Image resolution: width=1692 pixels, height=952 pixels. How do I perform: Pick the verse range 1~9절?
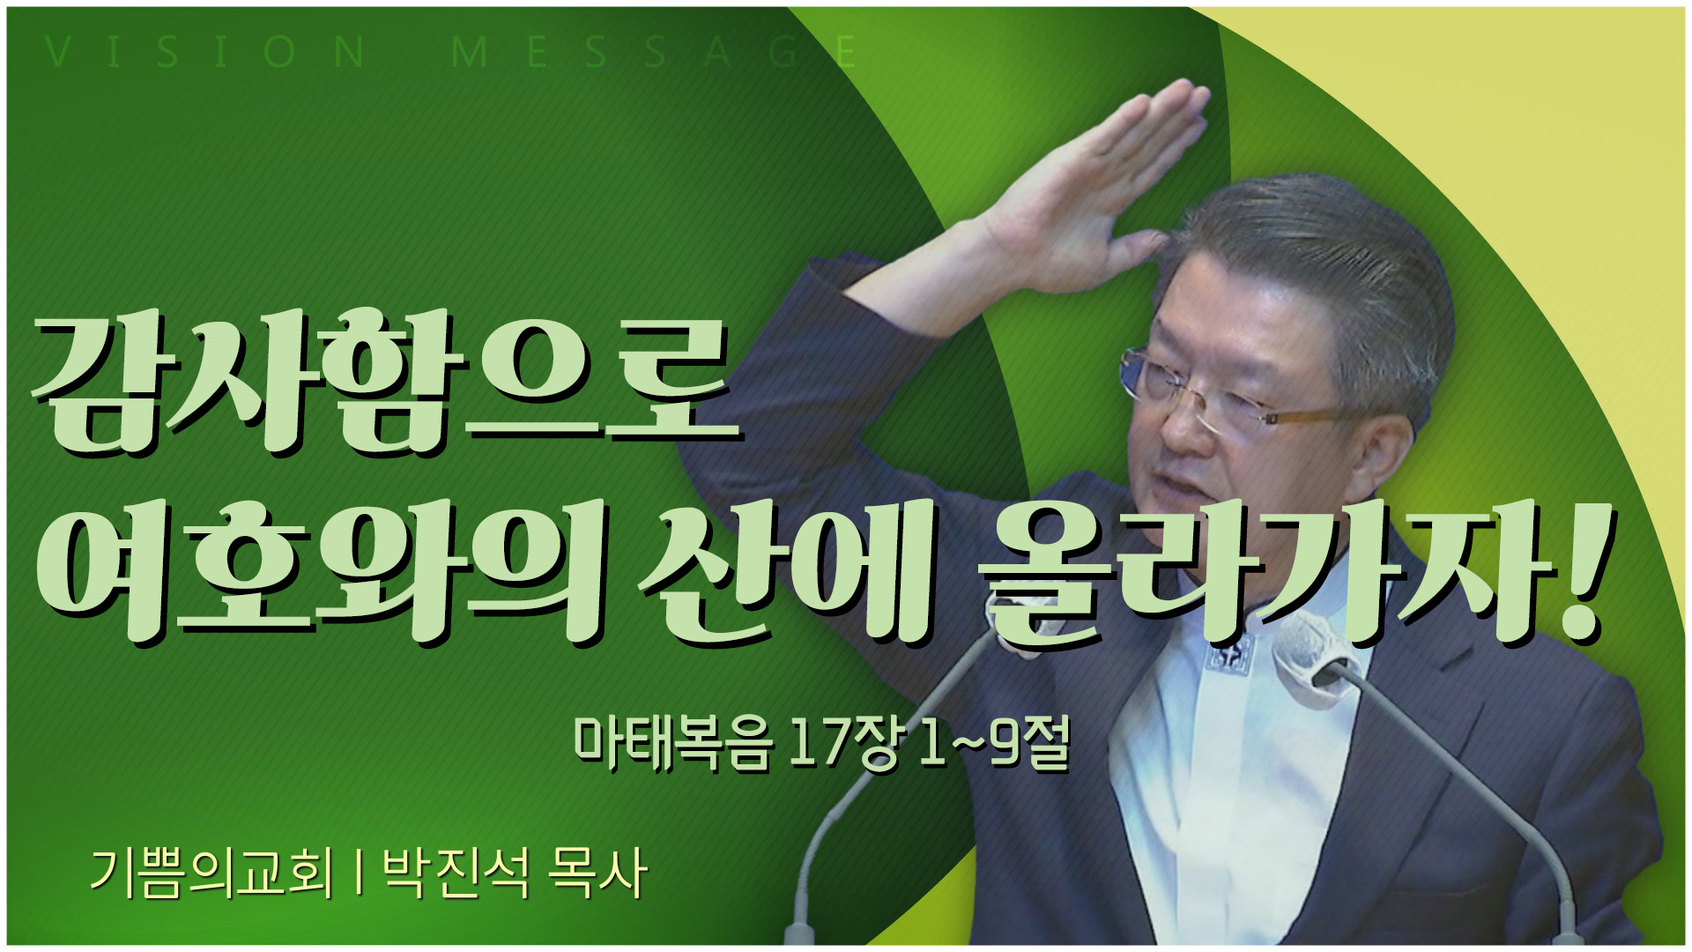click(994, 743)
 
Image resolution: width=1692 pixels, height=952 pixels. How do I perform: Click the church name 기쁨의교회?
click(212, 874)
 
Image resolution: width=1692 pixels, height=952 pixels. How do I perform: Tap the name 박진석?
click(456, 874)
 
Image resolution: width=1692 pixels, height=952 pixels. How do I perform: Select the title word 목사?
click(597, 874)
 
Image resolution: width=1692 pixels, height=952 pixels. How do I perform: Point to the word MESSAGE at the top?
click(654, 53)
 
